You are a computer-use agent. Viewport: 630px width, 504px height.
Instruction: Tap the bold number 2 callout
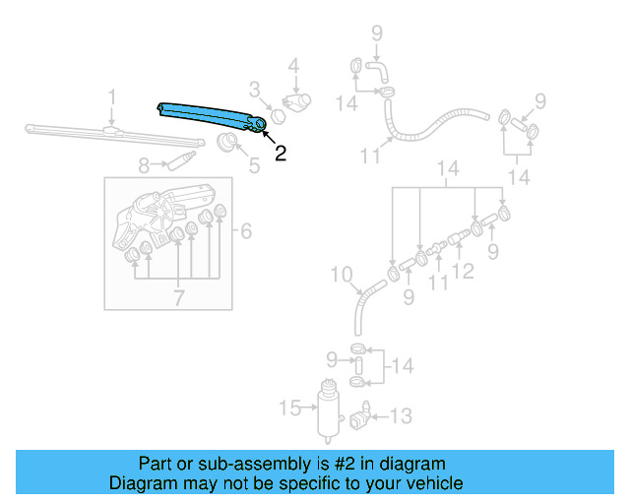pyautogui.click(x=281, y=154)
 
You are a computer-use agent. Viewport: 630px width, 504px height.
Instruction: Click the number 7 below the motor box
pyautogui.click(x=178, y=297)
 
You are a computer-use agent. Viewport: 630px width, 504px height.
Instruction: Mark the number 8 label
pyautogui.click(x=144, y=165)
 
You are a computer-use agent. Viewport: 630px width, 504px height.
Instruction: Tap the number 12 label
pyautogui.click(x=463, y=270)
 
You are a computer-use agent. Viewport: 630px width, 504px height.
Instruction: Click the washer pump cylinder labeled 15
pyautogui.click(x=324, y=408)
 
